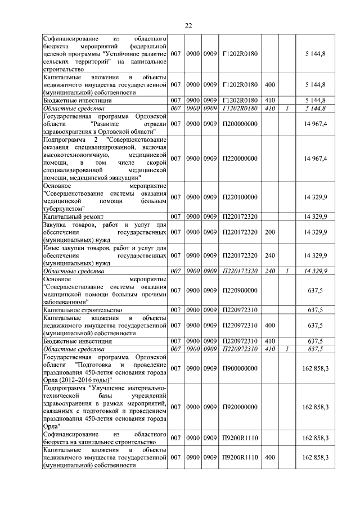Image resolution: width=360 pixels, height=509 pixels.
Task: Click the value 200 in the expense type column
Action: (269, 232)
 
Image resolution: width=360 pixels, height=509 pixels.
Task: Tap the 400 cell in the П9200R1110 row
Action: (269, 457)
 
